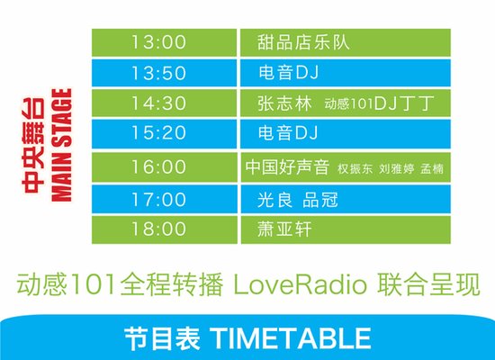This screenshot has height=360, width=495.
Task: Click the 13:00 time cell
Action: coord(158,41)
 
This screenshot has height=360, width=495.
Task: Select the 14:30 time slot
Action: coord(158,103)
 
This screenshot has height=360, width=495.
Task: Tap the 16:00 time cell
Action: coord(158,166)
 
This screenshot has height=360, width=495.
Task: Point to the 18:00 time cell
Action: coord(158,229)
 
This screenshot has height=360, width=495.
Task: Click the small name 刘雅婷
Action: coord(396,168)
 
